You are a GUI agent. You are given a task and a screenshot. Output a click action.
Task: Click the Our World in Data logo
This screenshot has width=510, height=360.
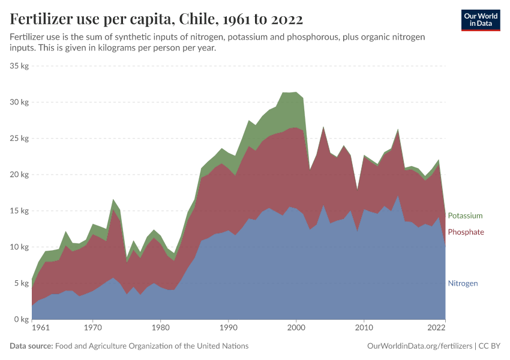point(480,20)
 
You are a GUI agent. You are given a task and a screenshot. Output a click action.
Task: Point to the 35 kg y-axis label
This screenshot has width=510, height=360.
point(20,66)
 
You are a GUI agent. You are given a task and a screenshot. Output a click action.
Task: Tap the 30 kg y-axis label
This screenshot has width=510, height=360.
point(20,102)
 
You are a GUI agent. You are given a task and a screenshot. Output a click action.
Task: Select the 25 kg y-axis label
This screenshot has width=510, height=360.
point(20,139)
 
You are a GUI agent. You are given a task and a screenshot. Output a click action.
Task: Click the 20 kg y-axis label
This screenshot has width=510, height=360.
point(20,175)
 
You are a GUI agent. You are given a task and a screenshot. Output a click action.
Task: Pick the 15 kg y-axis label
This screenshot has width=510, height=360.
point(20,211)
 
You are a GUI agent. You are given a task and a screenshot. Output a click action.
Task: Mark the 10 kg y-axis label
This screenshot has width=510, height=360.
point(20,247)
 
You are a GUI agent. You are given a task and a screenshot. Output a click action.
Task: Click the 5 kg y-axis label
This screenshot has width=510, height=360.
point(22,283)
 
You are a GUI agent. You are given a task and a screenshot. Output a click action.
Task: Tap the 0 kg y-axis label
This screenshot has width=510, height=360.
point(22,319)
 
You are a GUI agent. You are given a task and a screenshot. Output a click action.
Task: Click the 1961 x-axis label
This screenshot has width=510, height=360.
point(40,328)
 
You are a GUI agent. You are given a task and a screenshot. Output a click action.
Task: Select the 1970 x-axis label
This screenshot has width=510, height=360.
point(92,328)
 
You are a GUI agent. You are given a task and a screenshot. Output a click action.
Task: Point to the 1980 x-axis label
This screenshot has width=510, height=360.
point(160,328)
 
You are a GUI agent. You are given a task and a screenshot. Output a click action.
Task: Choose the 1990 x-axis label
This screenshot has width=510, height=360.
point(228,328)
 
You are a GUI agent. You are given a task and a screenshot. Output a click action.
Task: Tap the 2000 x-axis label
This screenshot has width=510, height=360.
point(296,328)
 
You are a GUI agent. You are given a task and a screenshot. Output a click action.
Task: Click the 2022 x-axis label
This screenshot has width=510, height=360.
point(437,328)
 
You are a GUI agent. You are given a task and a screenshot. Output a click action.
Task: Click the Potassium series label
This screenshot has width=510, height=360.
point(465,215)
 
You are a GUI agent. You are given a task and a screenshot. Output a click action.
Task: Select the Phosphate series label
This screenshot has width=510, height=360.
point(466,232)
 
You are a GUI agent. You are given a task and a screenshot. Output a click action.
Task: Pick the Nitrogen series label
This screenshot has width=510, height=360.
point(463,283)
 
